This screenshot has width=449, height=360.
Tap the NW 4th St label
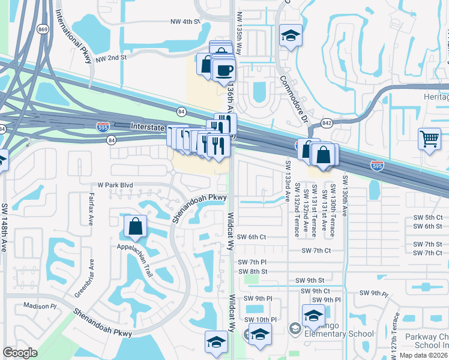point(184,22)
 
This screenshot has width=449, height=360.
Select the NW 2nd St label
point(112,57)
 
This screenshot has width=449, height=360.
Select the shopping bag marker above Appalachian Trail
point(136,226)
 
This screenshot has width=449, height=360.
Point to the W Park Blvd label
point(111,186)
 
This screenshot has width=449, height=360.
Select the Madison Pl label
point(40,305)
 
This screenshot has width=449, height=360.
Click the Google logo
point(20,353)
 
